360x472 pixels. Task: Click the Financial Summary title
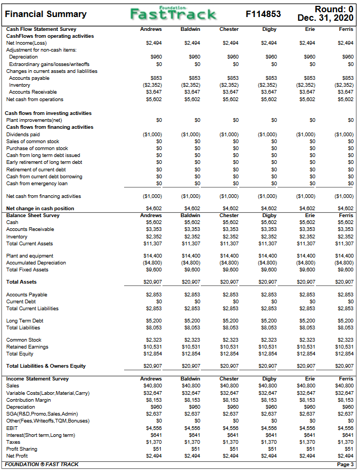[x=45, y=14]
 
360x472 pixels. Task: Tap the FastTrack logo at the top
[x=174, y=13]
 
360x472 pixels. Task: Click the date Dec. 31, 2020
[x=326, y=18]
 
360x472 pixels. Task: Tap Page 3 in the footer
[x=345, y=465]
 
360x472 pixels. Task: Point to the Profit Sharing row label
[x=21, y=449]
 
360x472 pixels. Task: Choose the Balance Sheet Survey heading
[x=33, y=216]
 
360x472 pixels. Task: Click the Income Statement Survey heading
[x=37, y=379]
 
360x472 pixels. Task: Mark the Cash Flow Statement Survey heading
[x=40, y=29]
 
